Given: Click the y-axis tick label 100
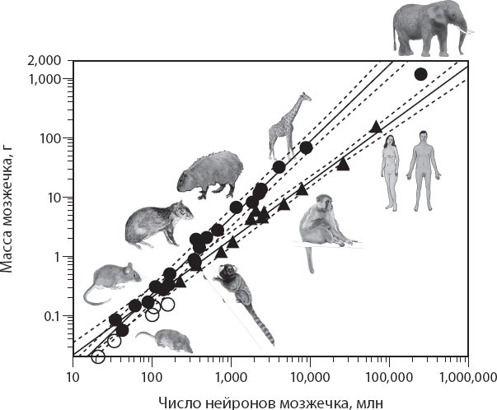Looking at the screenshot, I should pyautogui.click(x=51, y=138).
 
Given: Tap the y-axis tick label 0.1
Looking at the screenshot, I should pyautogui.click(x=53, y=316).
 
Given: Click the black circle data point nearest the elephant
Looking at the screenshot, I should pyautogui.click(x=420, y=74).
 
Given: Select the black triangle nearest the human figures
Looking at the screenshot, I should pyautogui.click(x=376, y=127).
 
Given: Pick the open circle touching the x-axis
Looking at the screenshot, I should pyautogui.click(x=98, y=356).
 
